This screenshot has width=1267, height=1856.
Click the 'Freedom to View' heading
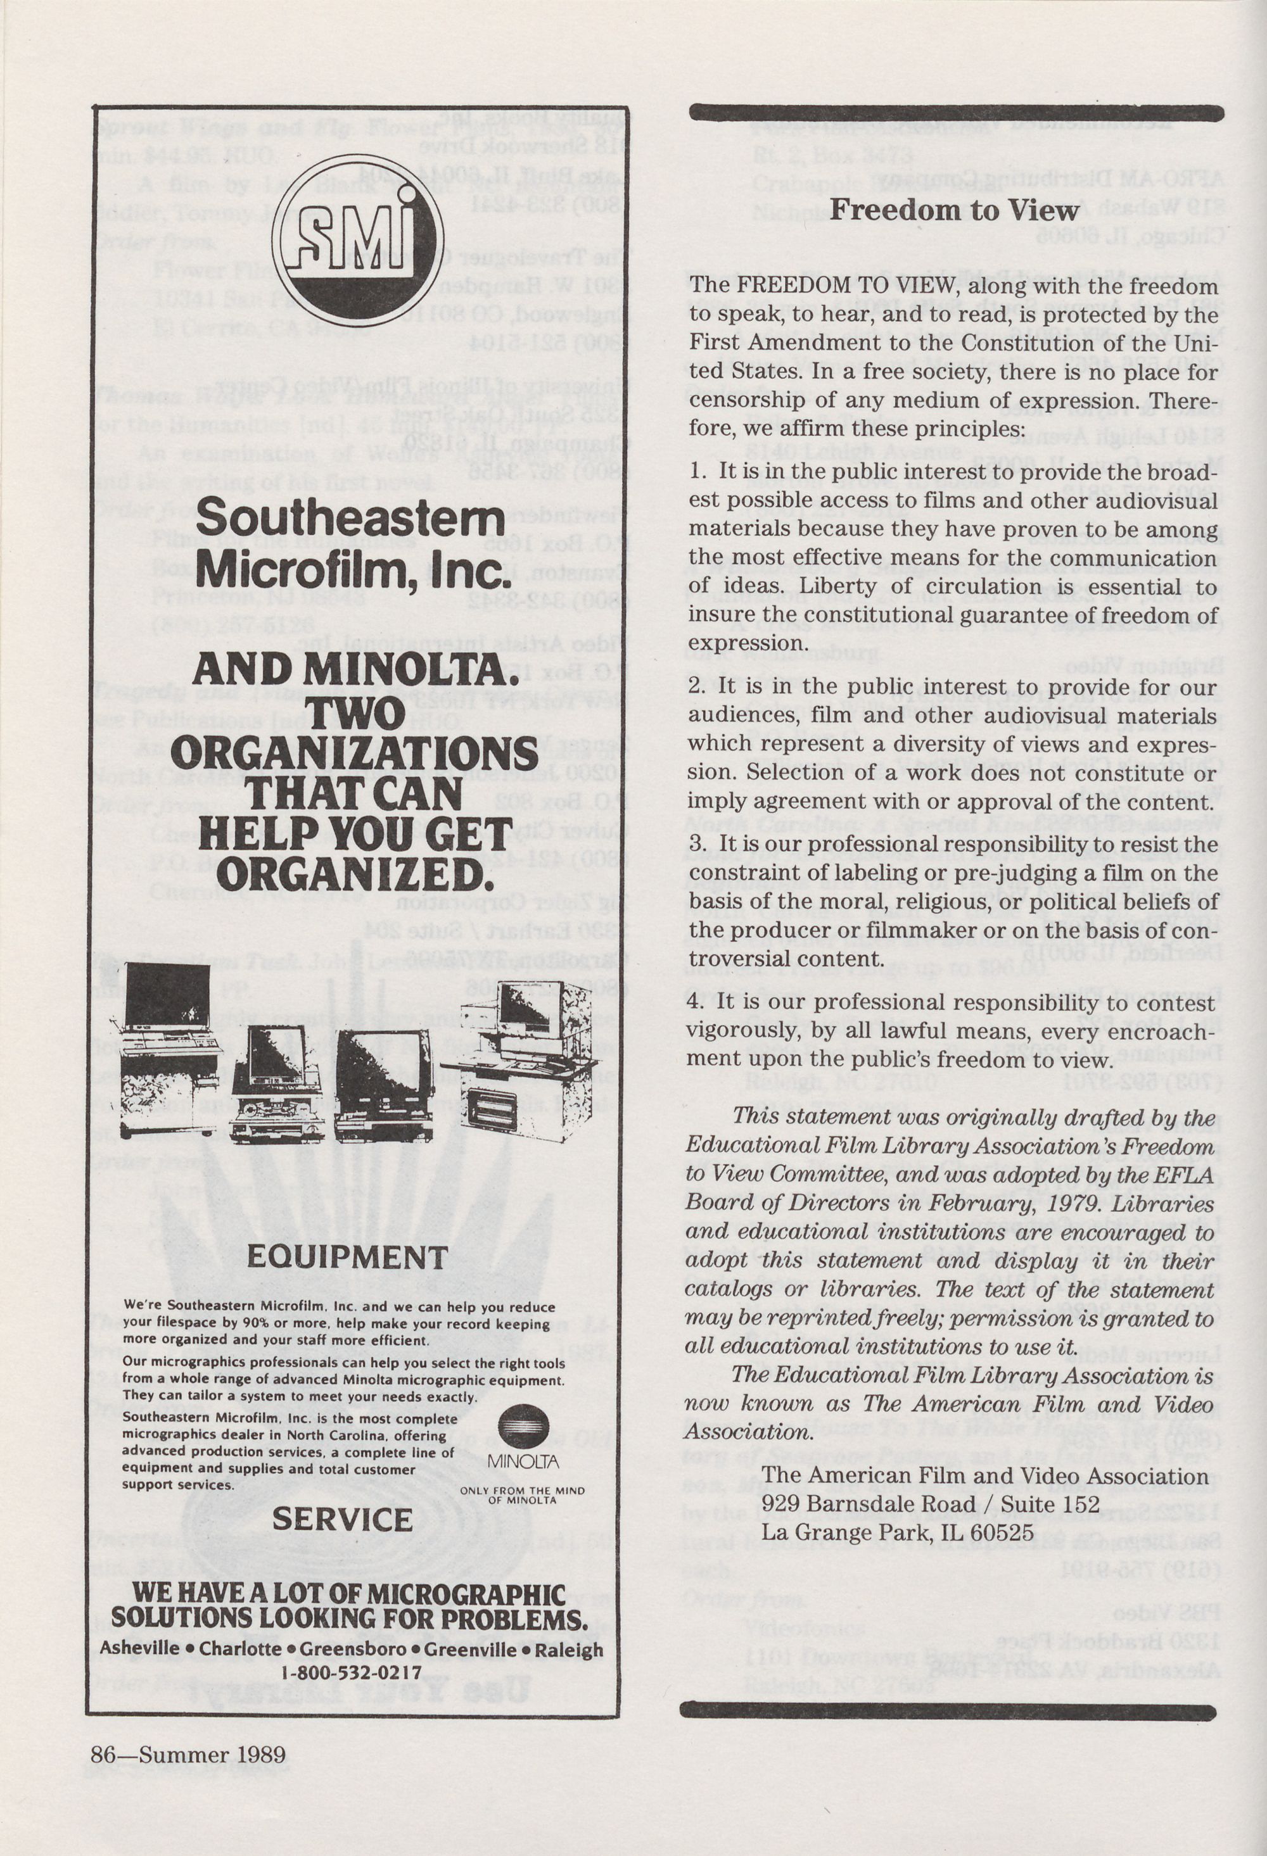(x=954, y=210)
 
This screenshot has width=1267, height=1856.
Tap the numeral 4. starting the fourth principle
(x=697, y=1003)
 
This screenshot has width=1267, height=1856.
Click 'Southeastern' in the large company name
(x=350, y=519)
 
